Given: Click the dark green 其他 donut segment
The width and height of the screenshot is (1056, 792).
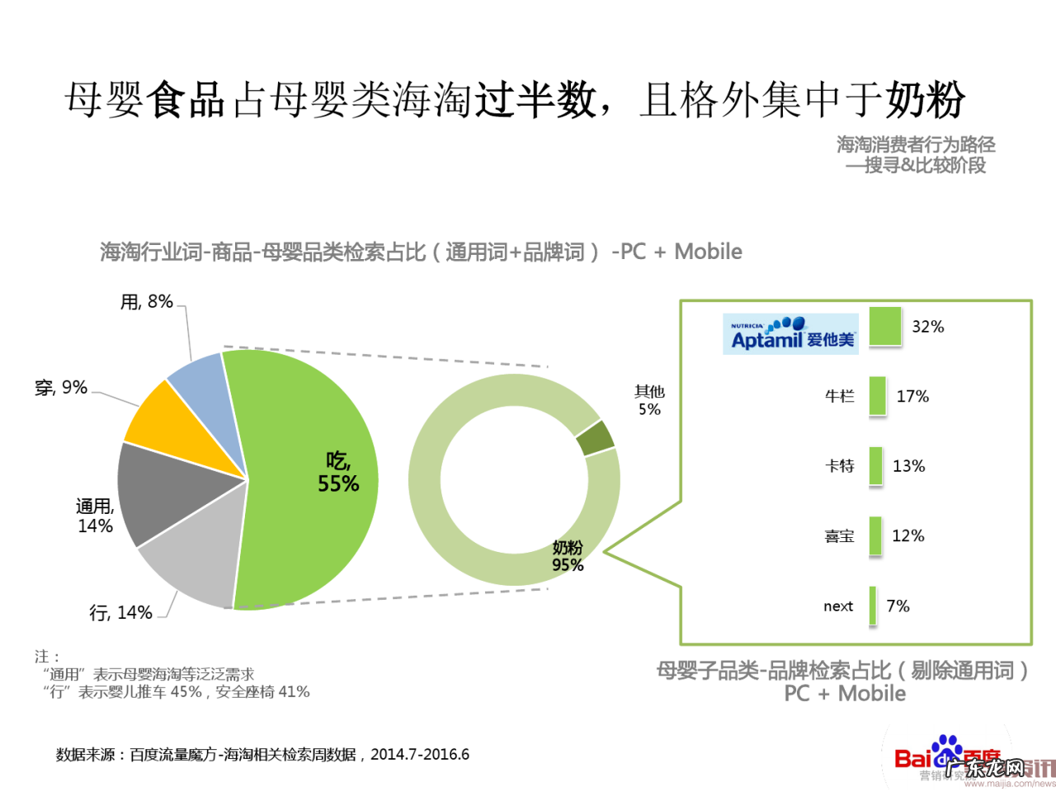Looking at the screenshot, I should (596, 438).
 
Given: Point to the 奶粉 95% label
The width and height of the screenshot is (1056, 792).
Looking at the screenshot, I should (568, 556).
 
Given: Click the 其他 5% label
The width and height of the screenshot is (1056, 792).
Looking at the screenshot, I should (649, 400).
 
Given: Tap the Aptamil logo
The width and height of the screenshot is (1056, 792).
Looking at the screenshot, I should (790, 334).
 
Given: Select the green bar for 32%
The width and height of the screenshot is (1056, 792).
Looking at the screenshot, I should (885, 327).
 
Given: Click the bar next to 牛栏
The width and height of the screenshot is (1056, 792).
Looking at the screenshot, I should (877, 396).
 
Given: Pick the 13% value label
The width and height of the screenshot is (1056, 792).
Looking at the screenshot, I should (908, 466).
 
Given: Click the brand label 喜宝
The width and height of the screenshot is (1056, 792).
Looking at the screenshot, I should (839, 536).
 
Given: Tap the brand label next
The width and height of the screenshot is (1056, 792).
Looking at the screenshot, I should (838, 606).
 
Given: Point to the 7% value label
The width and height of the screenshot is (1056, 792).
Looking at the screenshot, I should (898, 606).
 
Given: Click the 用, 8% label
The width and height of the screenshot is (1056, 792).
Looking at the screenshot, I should (147, 302).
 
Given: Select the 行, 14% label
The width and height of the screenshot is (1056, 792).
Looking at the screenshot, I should (120, 613).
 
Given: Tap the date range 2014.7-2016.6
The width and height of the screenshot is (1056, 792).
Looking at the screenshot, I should (420, 754).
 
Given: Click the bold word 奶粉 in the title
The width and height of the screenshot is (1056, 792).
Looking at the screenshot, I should (925, 100).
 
